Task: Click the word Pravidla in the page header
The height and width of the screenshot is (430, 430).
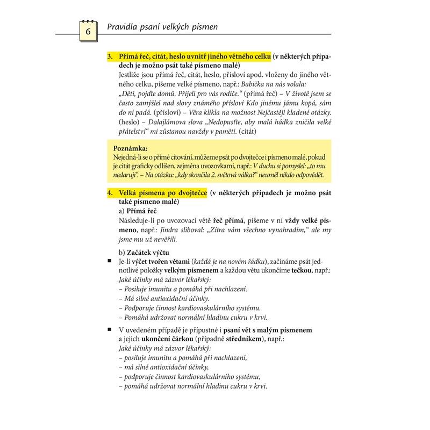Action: tap(123, 25)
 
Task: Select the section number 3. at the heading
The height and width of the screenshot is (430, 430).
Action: tap(110, 56)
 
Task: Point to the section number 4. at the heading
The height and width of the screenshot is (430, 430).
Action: tap(110, 192)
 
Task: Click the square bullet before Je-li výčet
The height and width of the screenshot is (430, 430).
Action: tap(110, 261)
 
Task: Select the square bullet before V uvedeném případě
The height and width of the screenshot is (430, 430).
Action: tap(110, 329)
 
